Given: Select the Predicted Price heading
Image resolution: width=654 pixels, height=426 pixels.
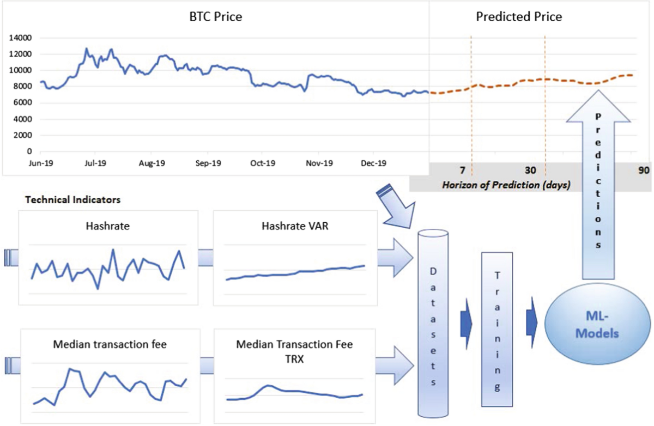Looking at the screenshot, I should click(x=519, y=16).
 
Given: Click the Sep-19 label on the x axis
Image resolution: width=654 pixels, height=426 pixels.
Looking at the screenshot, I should click(x=208, y=163).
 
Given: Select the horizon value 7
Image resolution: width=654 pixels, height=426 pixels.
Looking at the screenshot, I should click(x=462, y=169).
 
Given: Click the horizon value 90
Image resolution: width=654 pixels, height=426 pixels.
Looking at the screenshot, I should click(x=644, y=169).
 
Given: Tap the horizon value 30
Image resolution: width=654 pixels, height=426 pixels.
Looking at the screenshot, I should click(x=530, y=169).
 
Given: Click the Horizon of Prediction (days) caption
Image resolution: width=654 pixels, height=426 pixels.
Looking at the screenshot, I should click(x=506, y=185).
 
